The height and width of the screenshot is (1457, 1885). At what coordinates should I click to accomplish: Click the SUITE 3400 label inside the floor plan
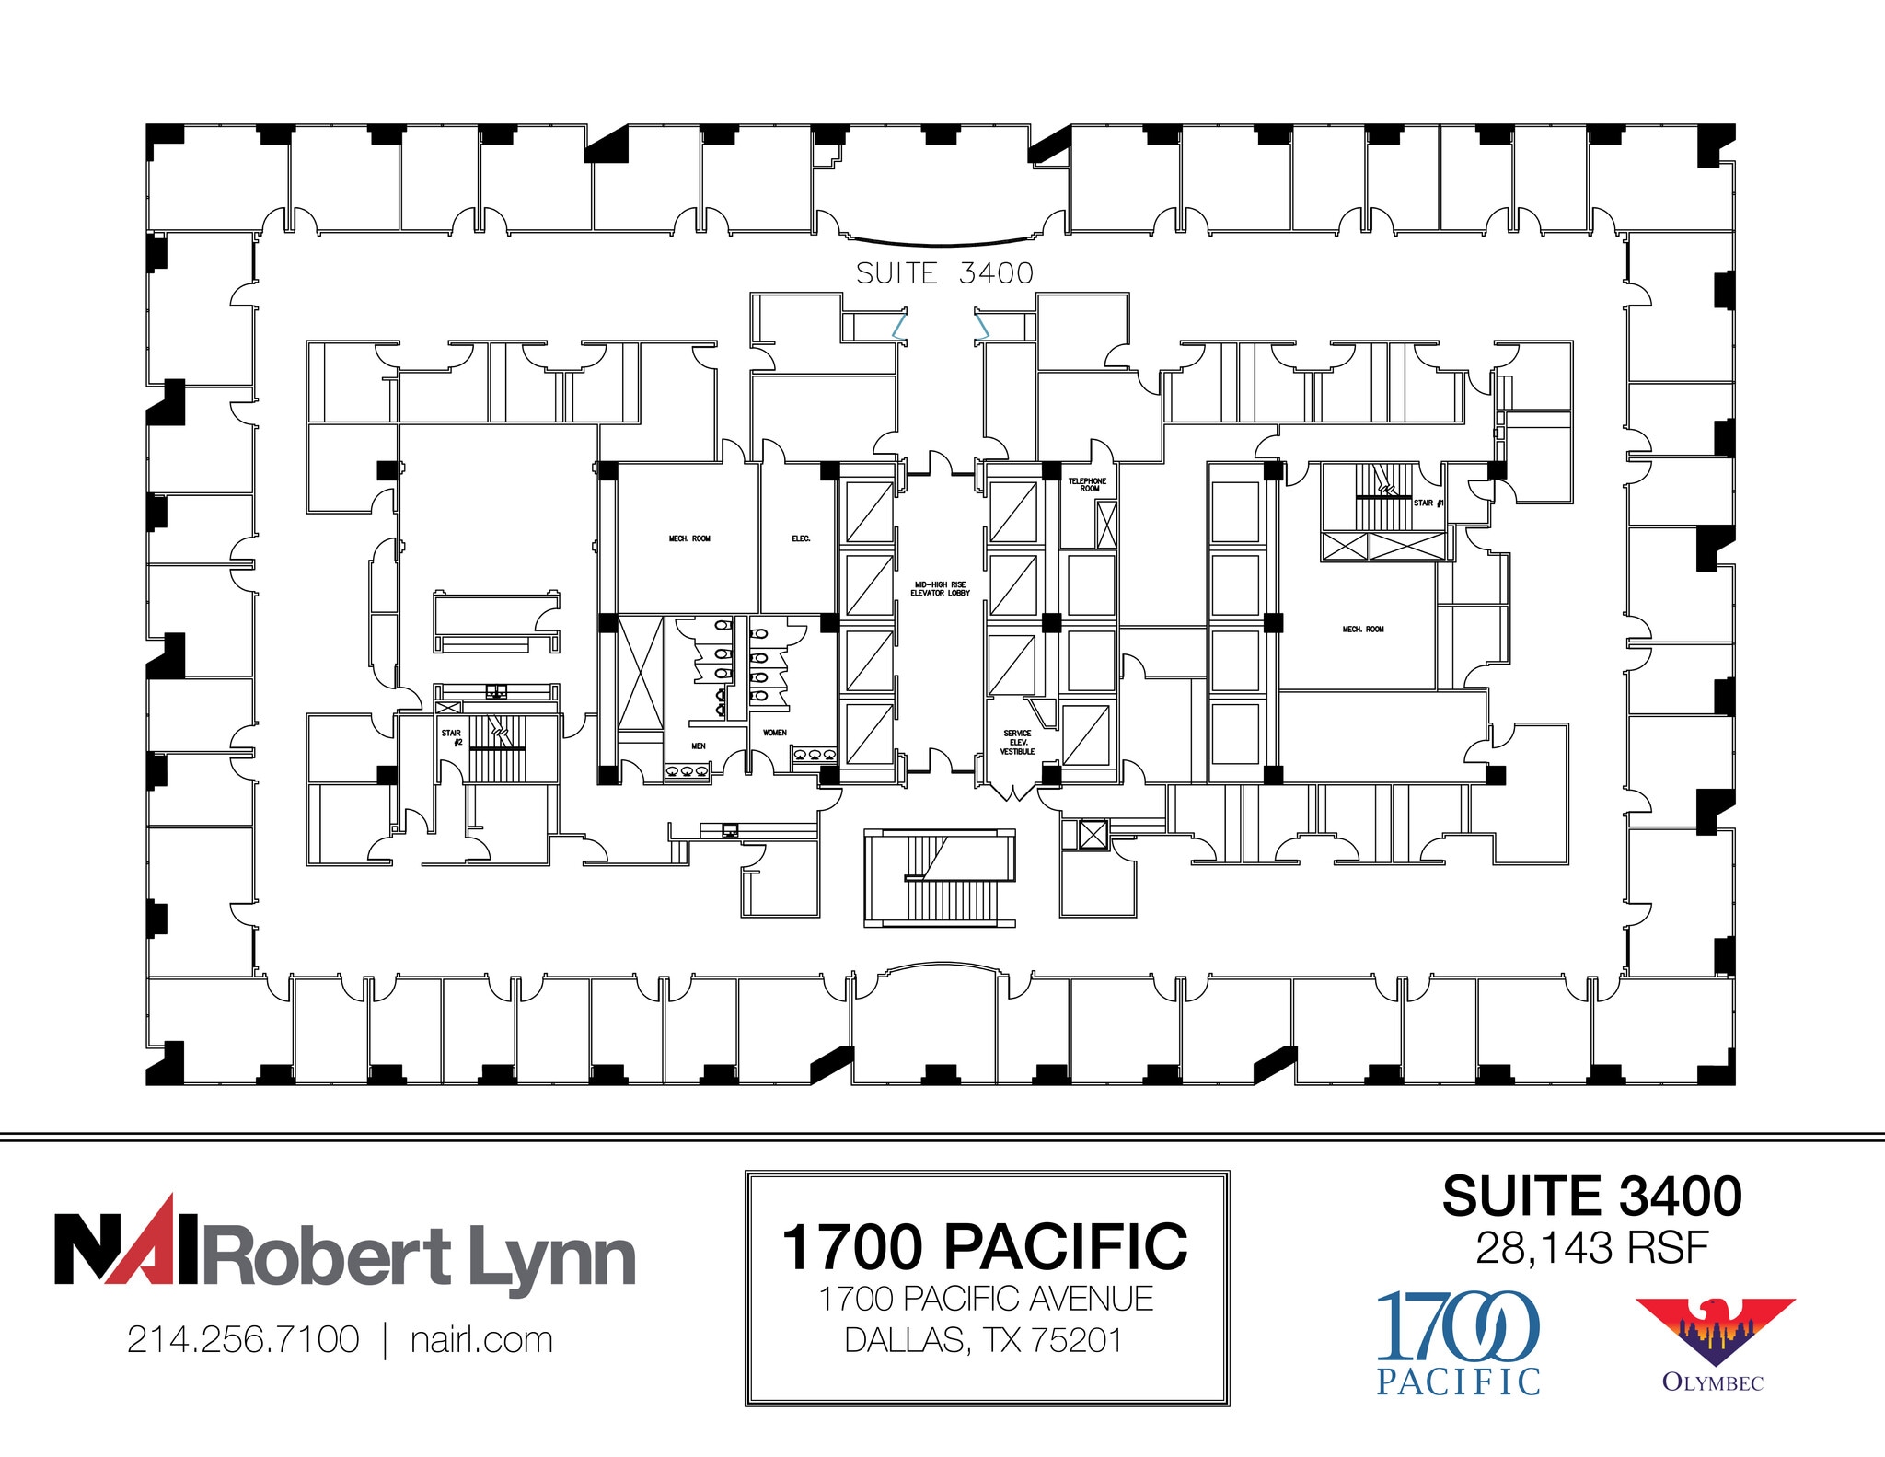(x=944, y=273)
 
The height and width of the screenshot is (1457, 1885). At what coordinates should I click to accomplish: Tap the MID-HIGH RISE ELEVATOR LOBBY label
(x=940, y=589)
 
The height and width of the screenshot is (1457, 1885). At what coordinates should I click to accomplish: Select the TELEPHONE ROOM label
(x=1087, y=485)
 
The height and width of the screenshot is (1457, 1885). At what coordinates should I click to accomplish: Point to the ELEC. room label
(x=801, y=538)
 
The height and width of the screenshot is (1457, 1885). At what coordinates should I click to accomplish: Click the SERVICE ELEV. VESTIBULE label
(x=1017, y=743)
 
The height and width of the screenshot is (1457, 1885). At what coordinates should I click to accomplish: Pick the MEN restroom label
(x=699, y=746)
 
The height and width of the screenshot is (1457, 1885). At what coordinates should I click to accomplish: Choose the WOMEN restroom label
(x=775, y=734)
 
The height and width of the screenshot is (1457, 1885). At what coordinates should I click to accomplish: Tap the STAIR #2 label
(x=451, y=737)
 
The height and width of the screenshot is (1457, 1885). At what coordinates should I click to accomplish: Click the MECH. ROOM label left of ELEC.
(x=689, y=538)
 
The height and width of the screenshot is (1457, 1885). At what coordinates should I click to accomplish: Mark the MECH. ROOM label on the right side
(x=1363, y=630)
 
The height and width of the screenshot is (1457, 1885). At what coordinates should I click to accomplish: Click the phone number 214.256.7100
(x=243, y=1340)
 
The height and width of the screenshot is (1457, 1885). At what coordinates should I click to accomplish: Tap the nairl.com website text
(x=481, y=1340)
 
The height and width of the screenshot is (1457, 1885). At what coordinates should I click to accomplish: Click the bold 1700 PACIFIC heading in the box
(x=985, y=1247)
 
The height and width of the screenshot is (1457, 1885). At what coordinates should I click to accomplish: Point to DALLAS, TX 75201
(x=985, y=1340)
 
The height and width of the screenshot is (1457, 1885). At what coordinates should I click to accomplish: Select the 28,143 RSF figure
(x=1591, y=1249)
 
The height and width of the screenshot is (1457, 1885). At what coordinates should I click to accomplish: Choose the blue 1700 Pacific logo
(x=1458, y=1342)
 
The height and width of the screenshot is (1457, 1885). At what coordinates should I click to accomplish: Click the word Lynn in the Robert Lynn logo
(x=552, y=1258)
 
